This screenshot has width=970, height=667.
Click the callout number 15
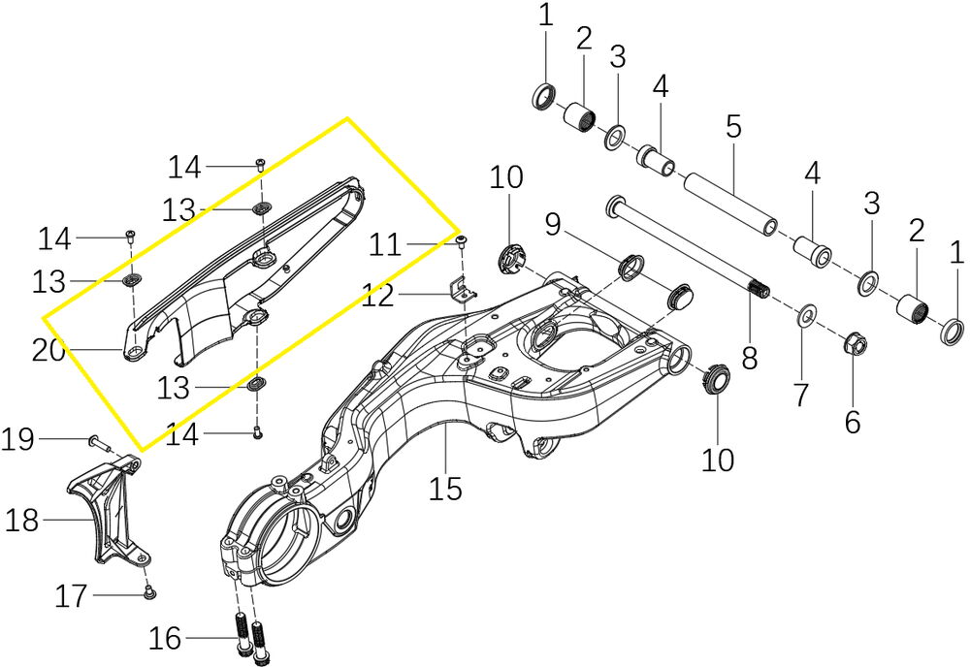point(446,488)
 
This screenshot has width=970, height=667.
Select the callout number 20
point(48,350)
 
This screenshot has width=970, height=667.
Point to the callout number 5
point(732,127)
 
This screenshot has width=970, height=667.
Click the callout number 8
point(750,358)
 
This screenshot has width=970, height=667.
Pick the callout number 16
point(165,638)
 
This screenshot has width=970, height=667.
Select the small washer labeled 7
point(804,316)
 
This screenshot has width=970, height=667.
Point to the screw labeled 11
point(462,240)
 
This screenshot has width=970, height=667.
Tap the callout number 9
point(552,226)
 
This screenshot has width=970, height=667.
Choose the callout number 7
point(799,395)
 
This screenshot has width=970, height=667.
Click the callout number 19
point(17,440)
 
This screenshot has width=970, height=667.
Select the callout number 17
point(72,595)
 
